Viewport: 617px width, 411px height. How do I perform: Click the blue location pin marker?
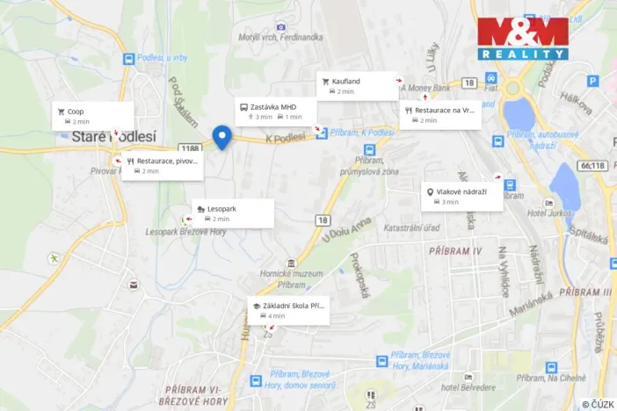tap(221, 137)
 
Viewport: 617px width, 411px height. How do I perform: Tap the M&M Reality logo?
tap(522, 38)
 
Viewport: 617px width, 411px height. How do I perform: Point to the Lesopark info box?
tap(232, 213)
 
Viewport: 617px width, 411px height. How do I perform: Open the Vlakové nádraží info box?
tap(462, 196)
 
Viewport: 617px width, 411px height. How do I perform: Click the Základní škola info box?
tap(288, 310)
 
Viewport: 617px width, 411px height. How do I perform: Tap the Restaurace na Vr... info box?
tap(440, 115)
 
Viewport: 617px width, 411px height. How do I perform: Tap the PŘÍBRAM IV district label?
tap(456, 251)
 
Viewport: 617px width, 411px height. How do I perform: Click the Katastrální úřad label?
tap(413, 227)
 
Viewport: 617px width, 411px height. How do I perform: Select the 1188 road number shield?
tap(189, 149)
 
